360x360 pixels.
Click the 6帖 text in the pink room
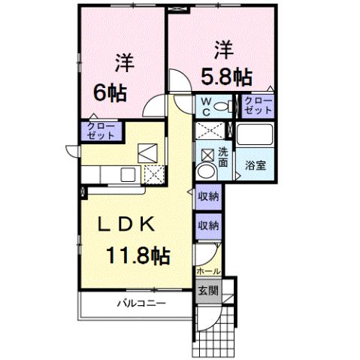click(110, 93)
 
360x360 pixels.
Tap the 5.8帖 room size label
click(225, 76)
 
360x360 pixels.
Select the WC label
click(204, 106)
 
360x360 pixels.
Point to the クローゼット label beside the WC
click(258, 106)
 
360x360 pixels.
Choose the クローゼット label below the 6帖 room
click(100, 132)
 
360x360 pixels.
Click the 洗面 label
click(223, 156)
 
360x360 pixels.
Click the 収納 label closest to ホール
click(208, 224)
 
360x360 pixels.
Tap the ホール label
click(207, 270)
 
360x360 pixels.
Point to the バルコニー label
click(141, 304)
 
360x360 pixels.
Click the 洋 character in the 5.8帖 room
click(223, 50)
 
